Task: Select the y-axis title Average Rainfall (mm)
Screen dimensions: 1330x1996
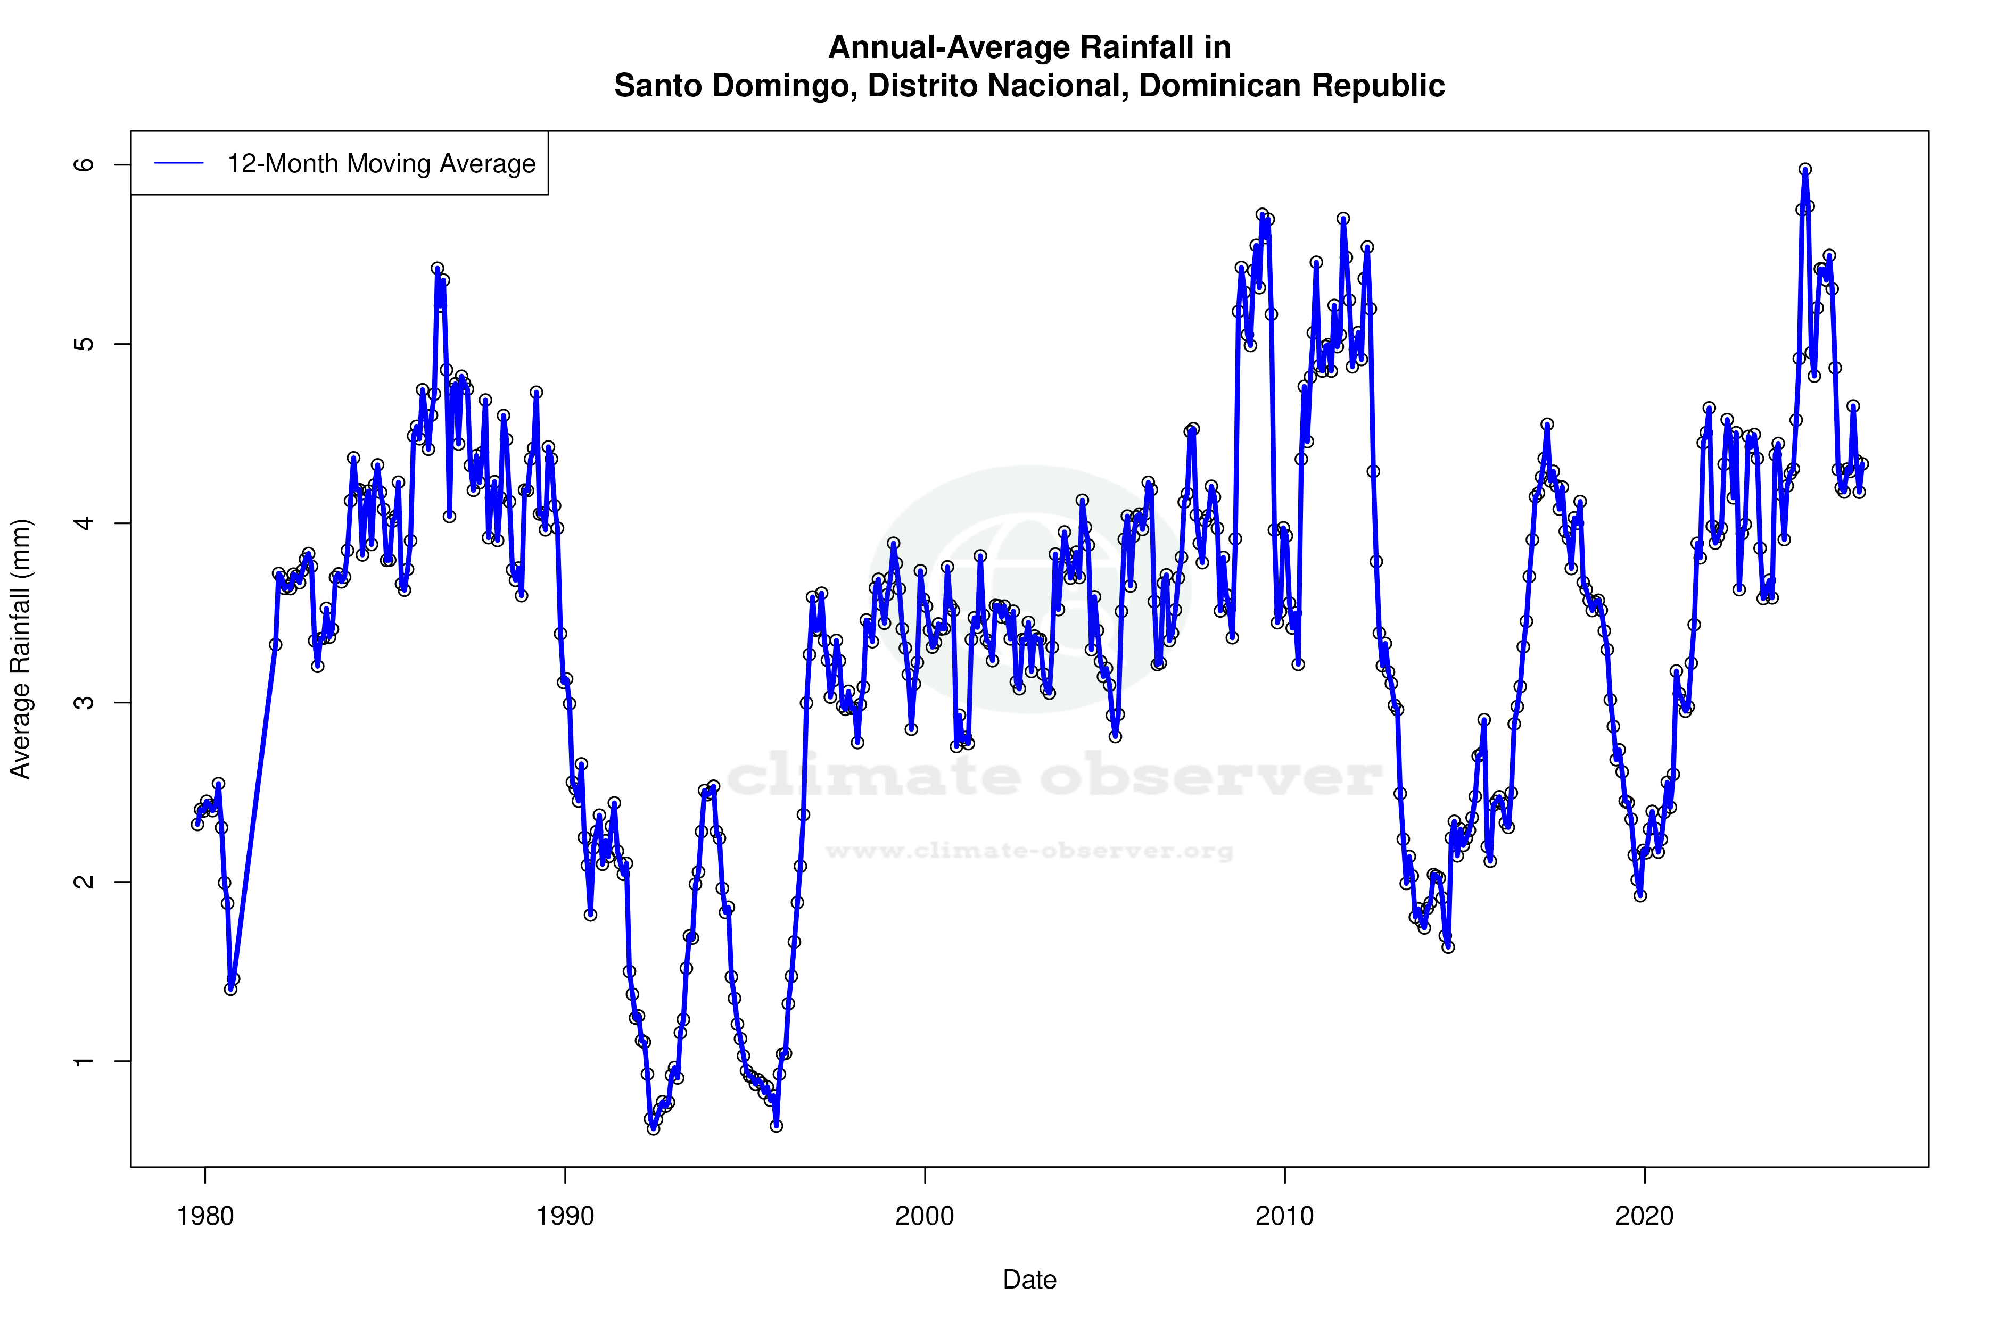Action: (x=20, y=649)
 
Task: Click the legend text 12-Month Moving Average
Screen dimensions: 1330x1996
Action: (x=381, y=164)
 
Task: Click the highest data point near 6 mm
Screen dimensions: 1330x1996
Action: (x=1805, y=170)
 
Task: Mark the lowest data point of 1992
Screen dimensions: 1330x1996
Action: (x=653, y=1128)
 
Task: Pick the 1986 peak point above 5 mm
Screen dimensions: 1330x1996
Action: (x=437, y=269)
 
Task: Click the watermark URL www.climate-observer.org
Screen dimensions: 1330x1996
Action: (x=1029, y=850)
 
